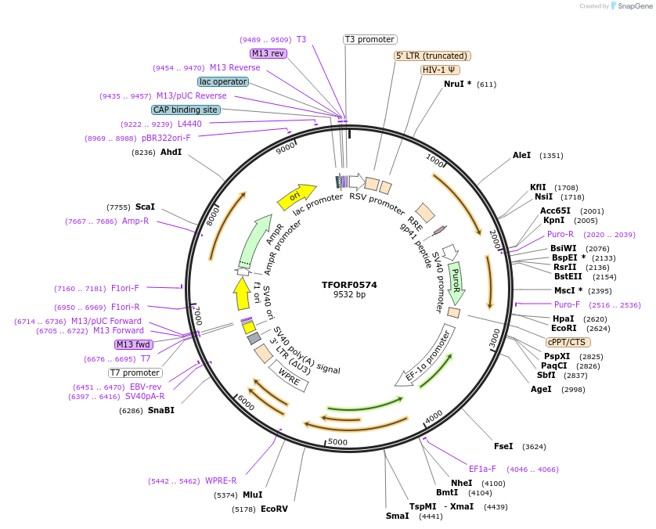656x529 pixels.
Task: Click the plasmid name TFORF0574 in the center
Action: pos(349,285)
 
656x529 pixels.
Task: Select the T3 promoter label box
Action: pos(370,40)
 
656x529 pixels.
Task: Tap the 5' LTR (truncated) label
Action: pos(431,56)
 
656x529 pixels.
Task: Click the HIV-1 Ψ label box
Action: pos(440,70)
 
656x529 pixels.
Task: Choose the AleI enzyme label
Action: pos(521,156)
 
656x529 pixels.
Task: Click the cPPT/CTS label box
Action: pos(568,342)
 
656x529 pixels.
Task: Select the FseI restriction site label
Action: pos(503,447)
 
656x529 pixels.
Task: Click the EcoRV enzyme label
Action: pos(274,509)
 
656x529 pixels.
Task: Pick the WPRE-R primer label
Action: pos(221,481)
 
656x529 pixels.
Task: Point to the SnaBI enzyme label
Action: pos(160,410)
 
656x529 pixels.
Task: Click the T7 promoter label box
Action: pos(135,372)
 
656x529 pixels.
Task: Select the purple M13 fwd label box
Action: pos(134,345)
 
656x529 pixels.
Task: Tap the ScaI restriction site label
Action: pos(145,207)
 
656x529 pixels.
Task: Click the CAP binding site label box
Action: pos(186,110)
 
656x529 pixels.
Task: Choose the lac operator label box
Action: pos(223,81)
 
